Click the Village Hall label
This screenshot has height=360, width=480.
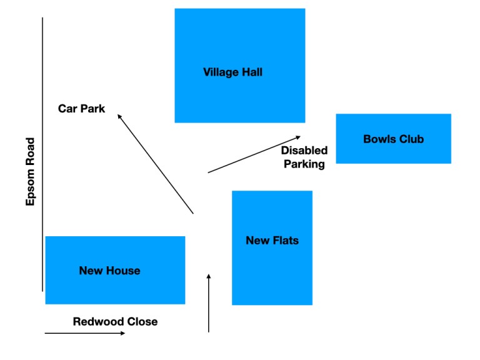[232, 72]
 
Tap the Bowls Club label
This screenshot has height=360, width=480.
[393, 139]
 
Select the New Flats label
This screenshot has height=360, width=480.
[272, 240]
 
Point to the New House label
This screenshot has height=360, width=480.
[109, 271]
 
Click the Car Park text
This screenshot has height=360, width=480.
[81, 109]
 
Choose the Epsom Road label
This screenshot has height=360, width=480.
[31, 171]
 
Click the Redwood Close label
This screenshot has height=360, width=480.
[115, 322]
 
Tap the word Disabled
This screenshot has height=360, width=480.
[304, 151]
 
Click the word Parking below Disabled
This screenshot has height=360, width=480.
[304, 164]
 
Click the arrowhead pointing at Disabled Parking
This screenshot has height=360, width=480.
[297, 137]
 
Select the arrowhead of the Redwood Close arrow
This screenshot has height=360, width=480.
[122, 333]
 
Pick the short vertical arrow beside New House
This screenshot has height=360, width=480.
[209, 303]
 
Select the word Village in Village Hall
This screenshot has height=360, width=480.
[220, 72]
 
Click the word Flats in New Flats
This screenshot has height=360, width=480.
[286, 240]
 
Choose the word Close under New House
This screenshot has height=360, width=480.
[141, 322]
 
